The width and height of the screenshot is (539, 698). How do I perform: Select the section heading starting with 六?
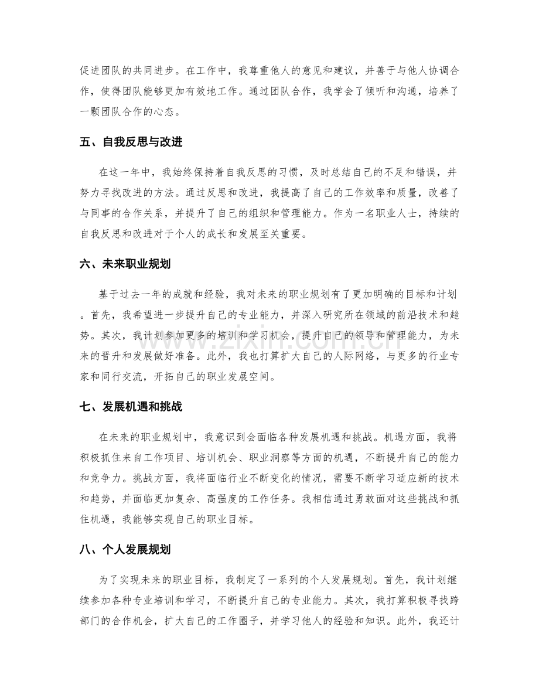pos(125,264)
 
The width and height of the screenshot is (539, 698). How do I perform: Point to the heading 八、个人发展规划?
pos(125,550)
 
